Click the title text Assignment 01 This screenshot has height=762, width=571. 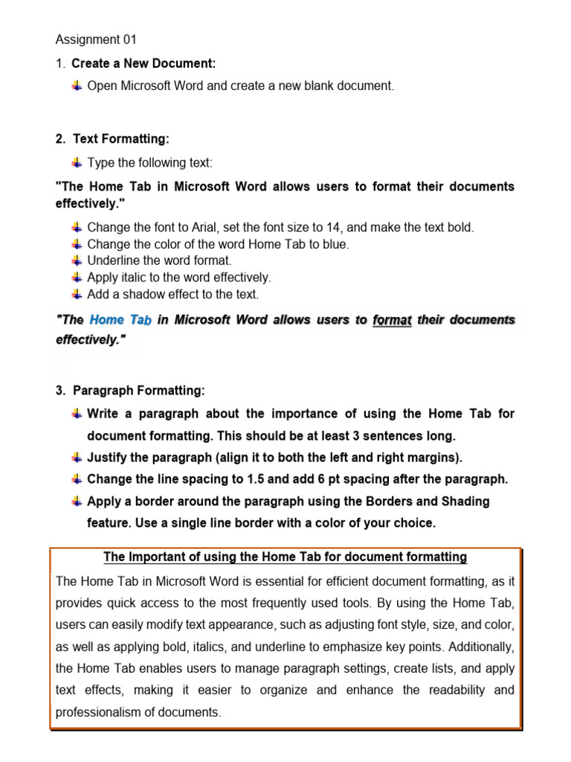click(x=97, y=40)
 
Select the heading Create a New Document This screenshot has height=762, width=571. click(x=143, y=64)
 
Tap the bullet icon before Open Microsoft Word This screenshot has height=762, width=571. click(x=77, y=86)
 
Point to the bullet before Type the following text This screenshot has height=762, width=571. click(x=77, y=162)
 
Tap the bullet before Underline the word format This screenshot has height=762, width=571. click(x=77, y=260)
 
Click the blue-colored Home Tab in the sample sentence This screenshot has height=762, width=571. click(x=120, y=320)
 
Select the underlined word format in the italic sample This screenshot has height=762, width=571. click(x=393, y=320)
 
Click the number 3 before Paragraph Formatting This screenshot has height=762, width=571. click(x=59, y=391)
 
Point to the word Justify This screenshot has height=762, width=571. click(x=108, y=458)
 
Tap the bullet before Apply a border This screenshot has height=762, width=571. click(x=77, y=502)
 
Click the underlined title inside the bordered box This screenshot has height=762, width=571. click(x=285, y=557)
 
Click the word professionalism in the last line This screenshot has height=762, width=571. click(x=100, y=712)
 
